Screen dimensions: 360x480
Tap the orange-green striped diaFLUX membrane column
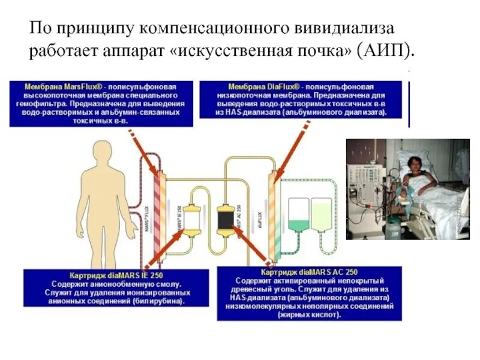(274, 216)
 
